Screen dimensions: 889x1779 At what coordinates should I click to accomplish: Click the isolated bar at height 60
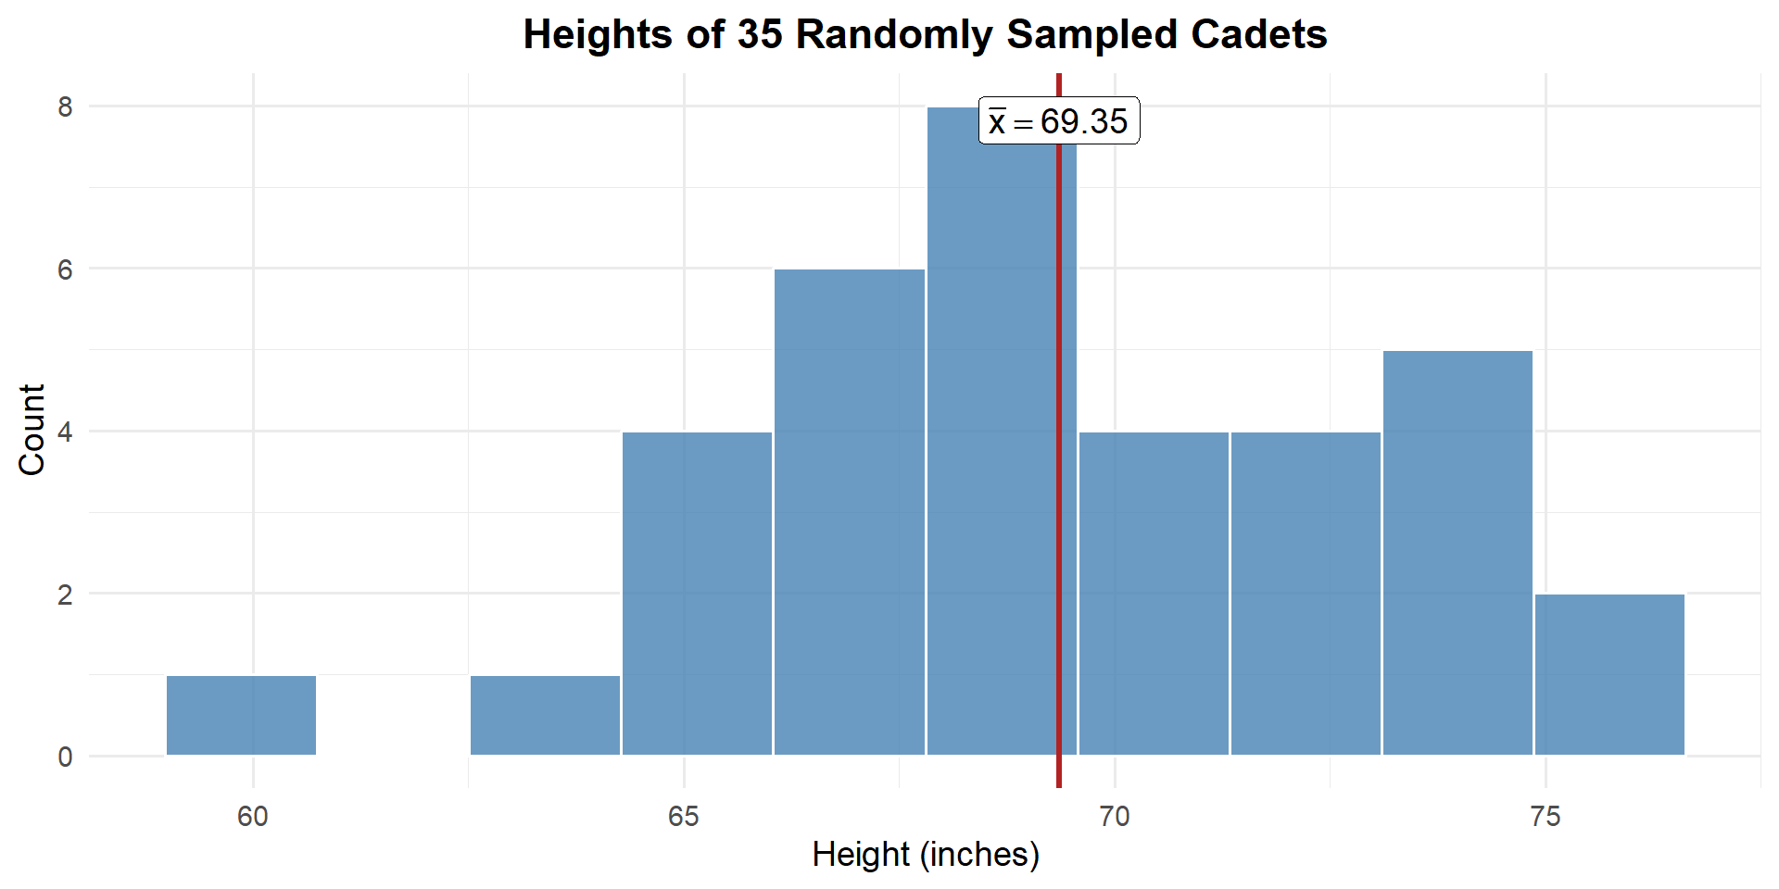click(241, 715)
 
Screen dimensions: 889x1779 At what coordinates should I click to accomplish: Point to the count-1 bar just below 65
click(545, 715)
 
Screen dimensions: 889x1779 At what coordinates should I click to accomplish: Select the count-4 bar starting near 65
click(697, 594)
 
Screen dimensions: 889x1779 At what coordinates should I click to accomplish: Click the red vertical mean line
click(1059, 463)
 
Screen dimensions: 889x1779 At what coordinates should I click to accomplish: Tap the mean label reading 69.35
click(1059, 121)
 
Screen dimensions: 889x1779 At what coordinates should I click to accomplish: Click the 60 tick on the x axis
click(252, 817)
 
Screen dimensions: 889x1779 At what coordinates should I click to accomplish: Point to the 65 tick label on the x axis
click(684, 817)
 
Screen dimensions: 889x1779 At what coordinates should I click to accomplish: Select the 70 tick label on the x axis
click(1115, 817)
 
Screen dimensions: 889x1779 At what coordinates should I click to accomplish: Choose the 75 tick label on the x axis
click(1546, 817)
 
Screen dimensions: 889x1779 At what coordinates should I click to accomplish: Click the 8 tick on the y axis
click(65, 107)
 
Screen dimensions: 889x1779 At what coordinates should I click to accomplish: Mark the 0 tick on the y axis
click(65, 758)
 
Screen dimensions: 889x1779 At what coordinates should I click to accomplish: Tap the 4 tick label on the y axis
click(65, 432)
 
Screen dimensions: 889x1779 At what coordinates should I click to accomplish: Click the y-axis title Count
click(32, 430)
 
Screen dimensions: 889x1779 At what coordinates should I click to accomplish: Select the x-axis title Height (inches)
click(926, 855)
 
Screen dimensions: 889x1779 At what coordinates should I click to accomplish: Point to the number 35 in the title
click(760, 35)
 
